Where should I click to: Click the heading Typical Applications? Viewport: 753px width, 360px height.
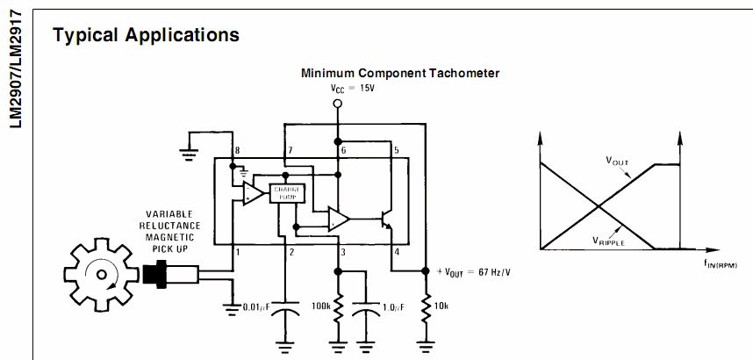click(x=146, y=35)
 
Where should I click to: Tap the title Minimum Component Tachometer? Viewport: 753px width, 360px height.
click(x=400, y=74)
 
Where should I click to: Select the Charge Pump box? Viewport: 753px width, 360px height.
click(x=287, y=193)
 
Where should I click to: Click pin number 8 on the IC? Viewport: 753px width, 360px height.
click(x=236, y=152)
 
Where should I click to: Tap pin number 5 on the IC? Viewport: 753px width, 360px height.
click(x=396, y=151)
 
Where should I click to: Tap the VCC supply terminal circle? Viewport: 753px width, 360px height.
click(x=336, y=104)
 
